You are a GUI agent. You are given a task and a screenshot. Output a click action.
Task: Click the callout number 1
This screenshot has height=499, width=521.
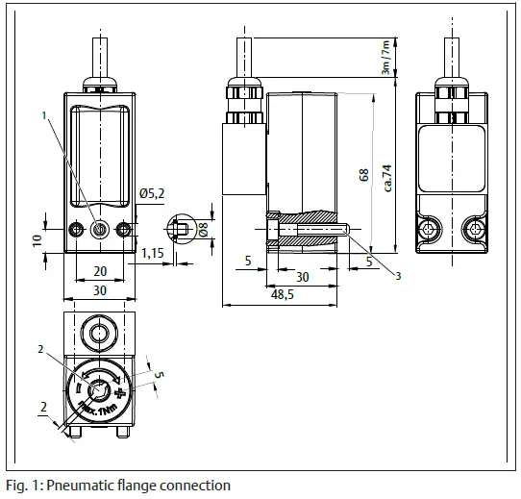coord(43,115)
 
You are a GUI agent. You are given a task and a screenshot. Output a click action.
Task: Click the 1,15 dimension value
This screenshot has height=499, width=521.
coord(152,253)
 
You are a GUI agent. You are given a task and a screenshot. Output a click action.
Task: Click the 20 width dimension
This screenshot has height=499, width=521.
coord(100,271)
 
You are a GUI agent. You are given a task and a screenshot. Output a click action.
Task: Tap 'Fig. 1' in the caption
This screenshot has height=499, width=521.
coord(21,486)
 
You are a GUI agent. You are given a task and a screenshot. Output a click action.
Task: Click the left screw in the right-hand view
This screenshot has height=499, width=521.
coord(431,228)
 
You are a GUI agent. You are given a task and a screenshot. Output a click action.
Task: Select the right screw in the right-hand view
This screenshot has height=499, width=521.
coord(473,228)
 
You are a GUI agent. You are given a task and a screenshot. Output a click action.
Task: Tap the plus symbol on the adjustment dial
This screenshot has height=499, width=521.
coord(119,395)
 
